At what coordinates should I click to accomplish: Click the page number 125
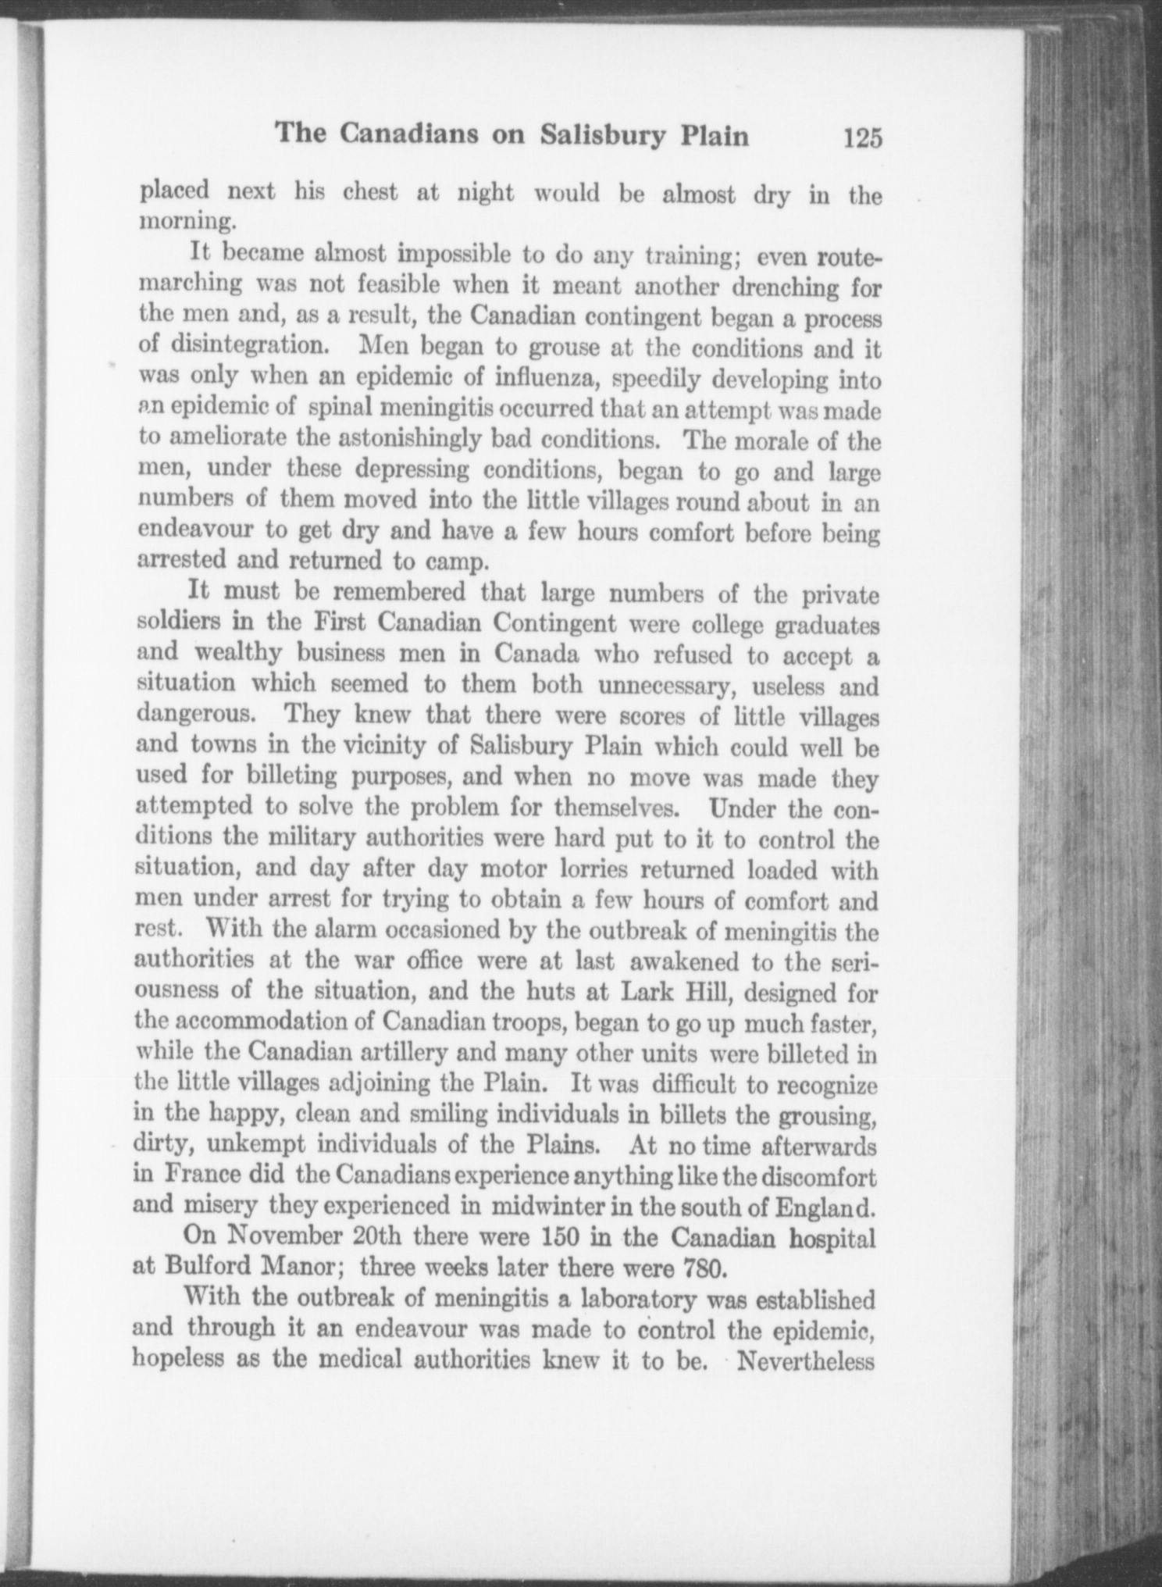(x=862, y=138)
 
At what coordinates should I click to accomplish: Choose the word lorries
(x=606, y=869)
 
